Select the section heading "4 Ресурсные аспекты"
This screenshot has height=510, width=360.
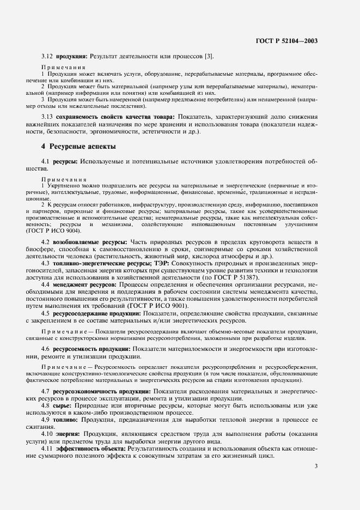pos(79,147)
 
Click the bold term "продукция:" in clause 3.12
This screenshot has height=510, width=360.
pos(71,56)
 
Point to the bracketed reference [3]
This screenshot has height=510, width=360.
pos(210,56)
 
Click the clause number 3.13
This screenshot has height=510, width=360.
pos(48,117)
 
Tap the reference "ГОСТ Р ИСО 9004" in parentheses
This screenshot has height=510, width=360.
pos(56,230)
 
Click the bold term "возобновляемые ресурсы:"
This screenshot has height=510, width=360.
pos(90,241)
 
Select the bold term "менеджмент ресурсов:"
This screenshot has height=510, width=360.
pos(86,284)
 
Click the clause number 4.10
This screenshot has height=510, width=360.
pos(48,434)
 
